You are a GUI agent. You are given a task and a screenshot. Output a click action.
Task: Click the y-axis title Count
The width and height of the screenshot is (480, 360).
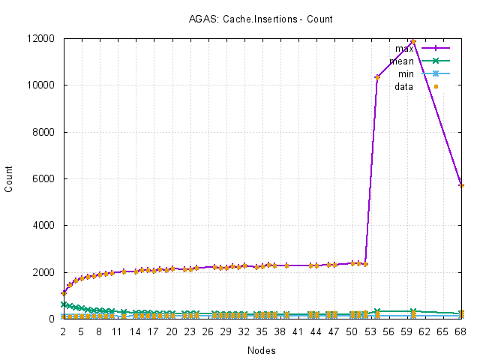point(9,178)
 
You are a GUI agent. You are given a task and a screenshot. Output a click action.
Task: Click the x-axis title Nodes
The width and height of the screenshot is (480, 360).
point(261,350)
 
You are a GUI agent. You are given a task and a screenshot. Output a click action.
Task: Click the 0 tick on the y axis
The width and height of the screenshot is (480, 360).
point(55,319)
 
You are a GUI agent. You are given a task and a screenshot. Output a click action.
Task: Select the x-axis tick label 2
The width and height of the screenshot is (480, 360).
point(63,330)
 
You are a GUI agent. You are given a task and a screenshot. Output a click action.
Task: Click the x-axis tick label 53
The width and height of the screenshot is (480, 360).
point(369,330)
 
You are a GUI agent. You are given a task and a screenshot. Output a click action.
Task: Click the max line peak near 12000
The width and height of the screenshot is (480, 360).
point(413,41)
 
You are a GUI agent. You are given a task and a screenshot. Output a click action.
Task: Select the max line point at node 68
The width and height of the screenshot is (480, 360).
point(461,184)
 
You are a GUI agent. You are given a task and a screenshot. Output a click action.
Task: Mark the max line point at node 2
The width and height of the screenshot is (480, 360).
point(64,293)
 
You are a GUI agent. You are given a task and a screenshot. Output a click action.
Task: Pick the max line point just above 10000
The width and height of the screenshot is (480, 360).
point(377,77)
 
